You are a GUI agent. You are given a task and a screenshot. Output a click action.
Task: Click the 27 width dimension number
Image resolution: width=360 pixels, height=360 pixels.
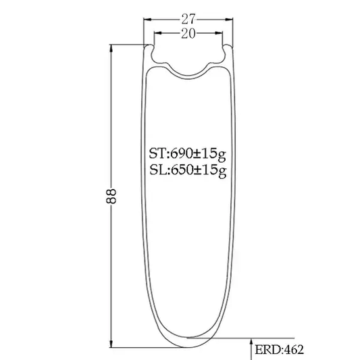(188, 20)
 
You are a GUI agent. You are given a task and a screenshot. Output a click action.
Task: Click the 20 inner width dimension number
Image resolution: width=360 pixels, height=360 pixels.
(188, 34)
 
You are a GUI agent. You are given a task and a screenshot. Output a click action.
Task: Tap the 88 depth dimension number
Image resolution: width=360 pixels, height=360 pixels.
(111, 197)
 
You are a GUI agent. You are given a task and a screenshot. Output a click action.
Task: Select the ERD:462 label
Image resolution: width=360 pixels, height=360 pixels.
(279, 349)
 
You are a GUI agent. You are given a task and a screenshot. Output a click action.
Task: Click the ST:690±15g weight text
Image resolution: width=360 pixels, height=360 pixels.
(188, 154)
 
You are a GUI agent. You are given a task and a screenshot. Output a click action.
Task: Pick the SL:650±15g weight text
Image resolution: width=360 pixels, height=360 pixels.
(188, 170)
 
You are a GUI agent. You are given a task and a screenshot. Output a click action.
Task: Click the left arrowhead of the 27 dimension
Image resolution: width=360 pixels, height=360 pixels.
(147, 20)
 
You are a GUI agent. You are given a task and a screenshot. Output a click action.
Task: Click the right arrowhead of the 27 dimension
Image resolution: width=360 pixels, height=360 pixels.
(229, 20)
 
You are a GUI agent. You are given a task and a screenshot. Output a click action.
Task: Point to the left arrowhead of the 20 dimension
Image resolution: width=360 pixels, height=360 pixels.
(158, 33)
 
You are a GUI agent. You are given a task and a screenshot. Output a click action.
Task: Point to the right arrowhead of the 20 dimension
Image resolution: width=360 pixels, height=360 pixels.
(219, 33)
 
